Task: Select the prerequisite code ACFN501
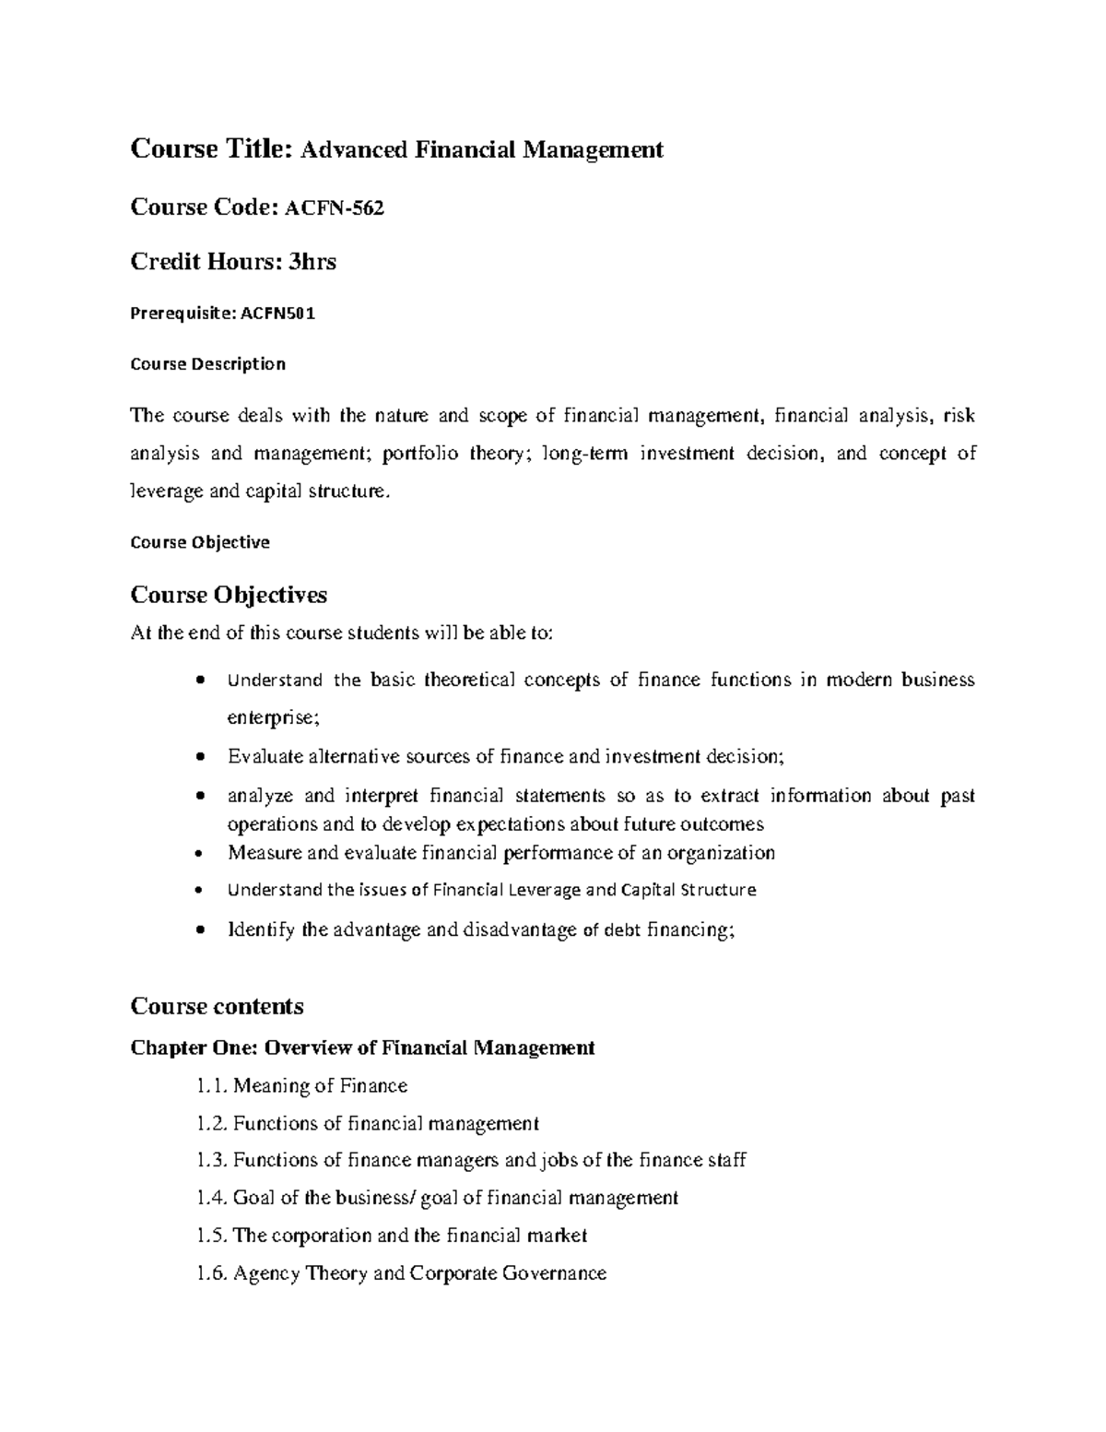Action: point(277,314)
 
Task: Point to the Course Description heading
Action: point(208,364)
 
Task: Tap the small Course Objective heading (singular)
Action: point(200,542)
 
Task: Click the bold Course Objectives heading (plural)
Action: point(229,595)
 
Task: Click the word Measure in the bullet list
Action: point(259,853)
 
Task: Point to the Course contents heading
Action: point(218,1006)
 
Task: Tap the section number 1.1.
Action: point(211,1086)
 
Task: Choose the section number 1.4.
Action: point(211,1198)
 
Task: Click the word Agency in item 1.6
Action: point(264,1274)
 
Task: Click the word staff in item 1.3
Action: point(726,1160)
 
